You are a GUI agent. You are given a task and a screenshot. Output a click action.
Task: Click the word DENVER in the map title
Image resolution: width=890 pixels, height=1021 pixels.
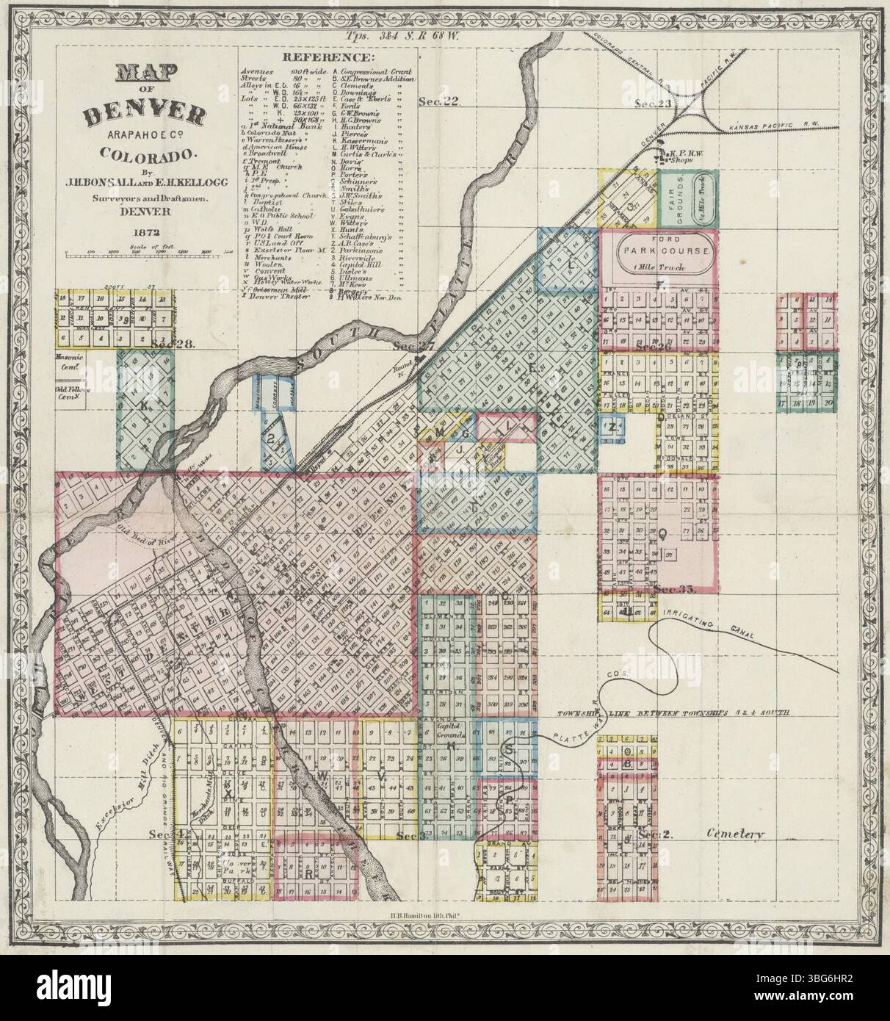click(145, 114)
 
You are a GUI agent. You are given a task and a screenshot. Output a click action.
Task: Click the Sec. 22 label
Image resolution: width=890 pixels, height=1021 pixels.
click(438, 102)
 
